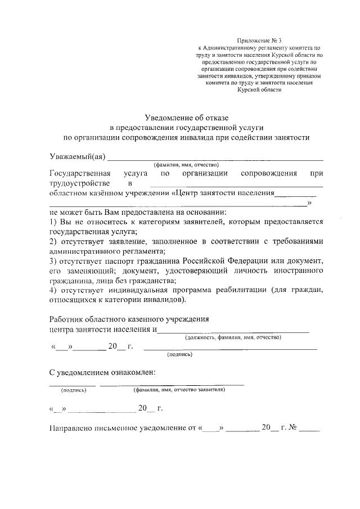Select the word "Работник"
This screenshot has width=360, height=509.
click(67, 319)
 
